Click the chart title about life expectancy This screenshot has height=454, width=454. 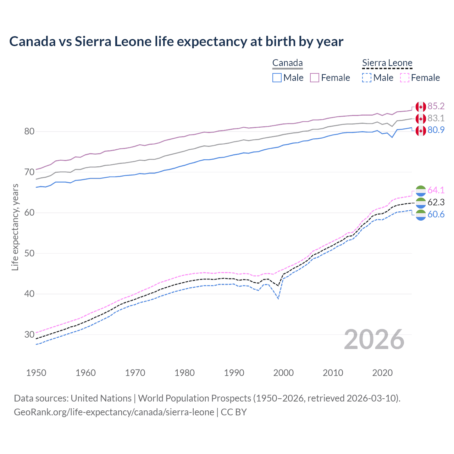click(x=176, y=41)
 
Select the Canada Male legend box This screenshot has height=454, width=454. click(x=277, y=78)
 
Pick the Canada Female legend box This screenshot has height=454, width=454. click(x=315, y=78)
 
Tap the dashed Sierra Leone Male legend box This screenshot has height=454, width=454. click(x=367, y=78)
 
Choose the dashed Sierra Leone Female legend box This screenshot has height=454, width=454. click(x=405, y=78)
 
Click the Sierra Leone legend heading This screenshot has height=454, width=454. click(x=387, y=63)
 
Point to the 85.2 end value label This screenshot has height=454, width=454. click(x=436, y=106)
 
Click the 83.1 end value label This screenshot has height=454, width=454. click(x=436, y=118)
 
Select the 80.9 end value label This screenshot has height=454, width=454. click(x=436, y=130)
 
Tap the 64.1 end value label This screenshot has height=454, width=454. click(x=436, y=190)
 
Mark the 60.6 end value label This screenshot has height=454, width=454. click(x=436, y=214)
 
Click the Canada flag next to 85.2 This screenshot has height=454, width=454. click(x=421, y=106)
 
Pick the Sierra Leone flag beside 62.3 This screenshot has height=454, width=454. click(x=421, y=203)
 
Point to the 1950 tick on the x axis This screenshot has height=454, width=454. click(x=36, y=373)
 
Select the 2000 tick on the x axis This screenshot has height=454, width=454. click(x=283, y=373)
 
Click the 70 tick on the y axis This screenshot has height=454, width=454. click(x=29, y=172)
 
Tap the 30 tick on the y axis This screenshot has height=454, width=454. click(x=29, y=334)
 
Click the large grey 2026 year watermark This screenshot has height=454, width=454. click(x=374, y=339)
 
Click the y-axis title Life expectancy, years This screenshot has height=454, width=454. click(x=15, y=227)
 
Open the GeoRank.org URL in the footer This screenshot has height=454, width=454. click(x=114, y=412)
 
